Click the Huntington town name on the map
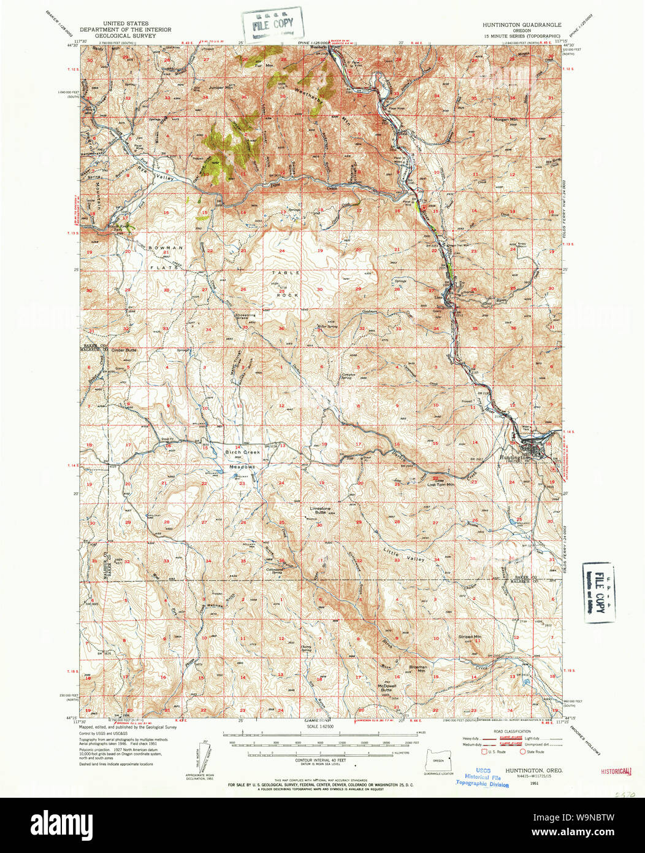(514, 458)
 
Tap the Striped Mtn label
(470, 637)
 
